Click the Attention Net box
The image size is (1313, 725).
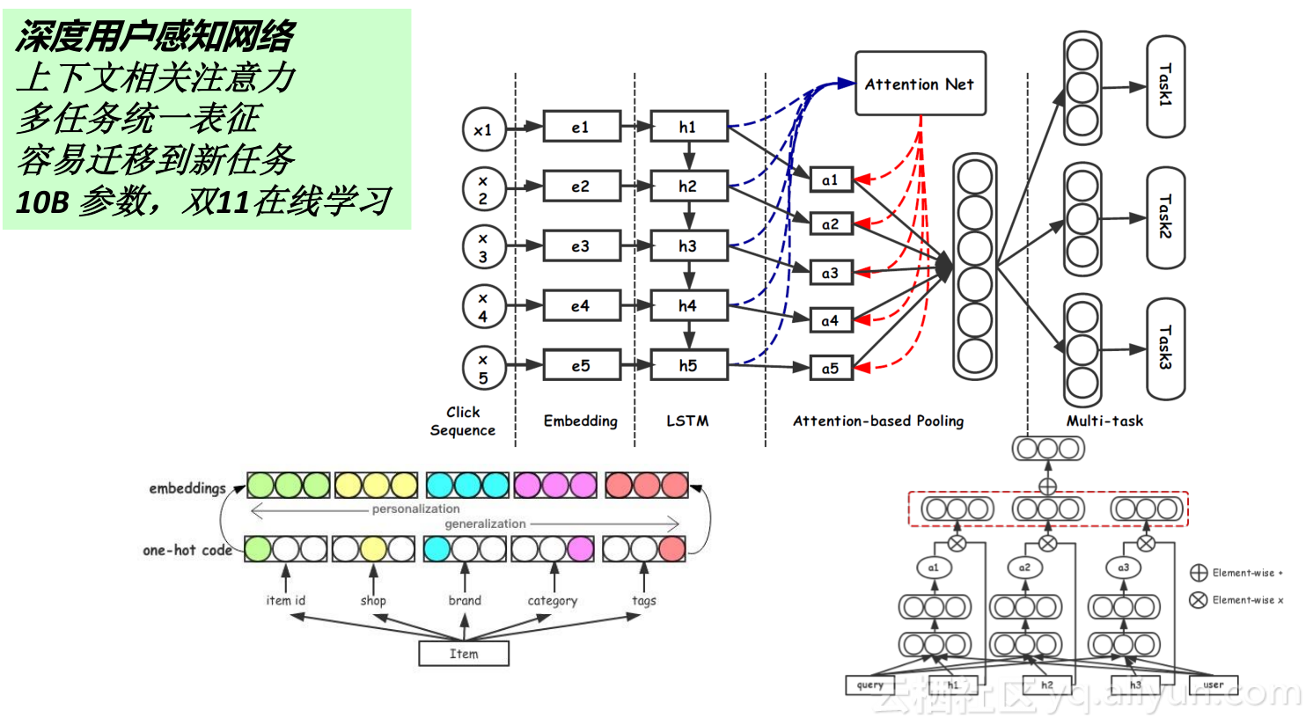click(x=920, y=84)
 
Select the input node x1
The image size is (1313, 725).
click(x=483, y=129)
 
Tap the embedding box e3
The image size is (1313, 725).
click(x=581, y=246)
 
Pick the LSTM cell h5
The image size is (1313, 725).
click(x=688, y=365)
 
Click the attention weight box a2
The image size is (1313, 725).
click(x=830, y=224)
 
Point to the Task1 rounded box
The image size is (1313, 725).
click(x=1165, y=86)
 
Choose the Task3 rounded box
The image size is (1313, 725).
click(x=1165, y=348)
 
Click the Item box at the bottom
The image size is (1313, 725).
click(x=464, y=654)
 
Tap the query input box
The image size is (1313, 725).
click(x=869, y=685)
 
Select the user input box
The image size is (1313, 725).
click(x=1213, y=685)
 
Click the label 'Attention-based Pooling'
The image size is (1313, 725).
click(x=877, y=421)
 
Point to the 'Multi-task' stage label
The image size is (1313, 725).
click(x=1104, y=421)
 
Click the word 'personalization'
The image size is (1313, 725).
click(x=415, y=509)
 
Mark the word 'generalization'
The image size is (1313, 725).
click(x=485, y=524)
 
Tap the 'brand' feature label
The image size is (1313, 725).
click(x=465, y=600)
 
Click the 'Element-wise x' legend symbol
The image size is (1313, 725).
click(x=1198, y=600)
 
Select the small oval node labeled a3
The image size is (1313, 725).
click(x=1123, y=568)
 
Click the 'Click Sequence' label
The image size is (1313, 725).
click(x=462, y=421)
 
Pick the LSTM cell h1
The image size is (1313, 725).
click(x=688, y=128)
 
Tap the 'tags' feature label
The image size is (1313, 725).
click(x=643, y=600)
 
